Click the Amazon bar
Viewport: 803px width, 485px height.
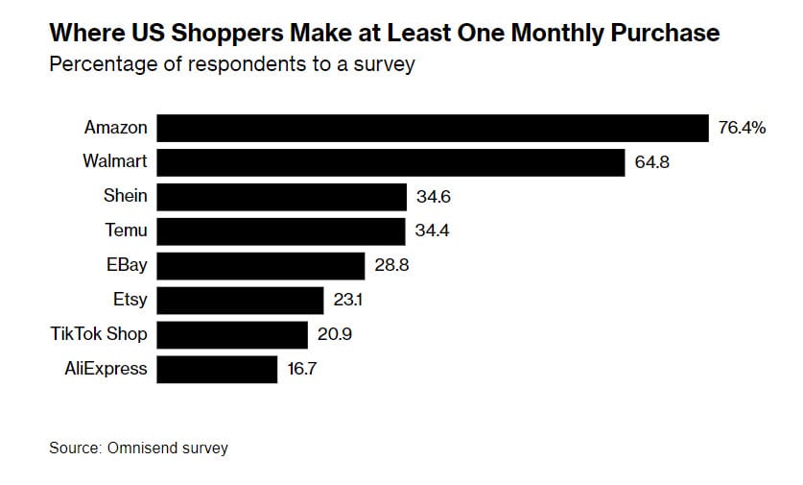coord(432,128)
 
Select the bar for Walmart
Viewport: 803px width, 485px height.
coord(390,162)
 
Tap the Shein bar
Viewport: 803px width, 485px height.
coord(282,197)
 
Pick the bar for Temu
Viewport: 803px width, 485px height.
coord(281,231)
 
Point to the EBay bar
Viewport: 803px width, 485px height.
coord(261,266)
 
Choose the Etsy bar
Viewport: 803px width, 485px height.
coord(240,301)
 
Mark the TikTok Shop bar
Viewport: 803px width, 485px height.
coord(232,334)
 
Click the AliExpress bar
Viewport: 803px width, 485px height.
coord(217,369)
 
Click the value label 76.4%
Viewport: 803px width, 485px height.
coord(742,128)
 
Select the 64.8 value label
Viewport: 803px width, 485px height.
coord(651,162)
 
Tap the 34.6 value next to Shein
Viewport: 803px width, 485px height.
coord(434,197)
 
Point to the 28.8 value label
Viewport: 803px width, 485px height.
coord(392,266)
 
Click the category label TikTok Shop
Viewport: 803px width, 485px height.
coord(99,334)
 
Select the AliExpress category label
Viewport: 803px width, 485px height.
coord(107,368)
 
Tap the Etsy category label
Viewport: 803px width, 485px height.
coord(130,300)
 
